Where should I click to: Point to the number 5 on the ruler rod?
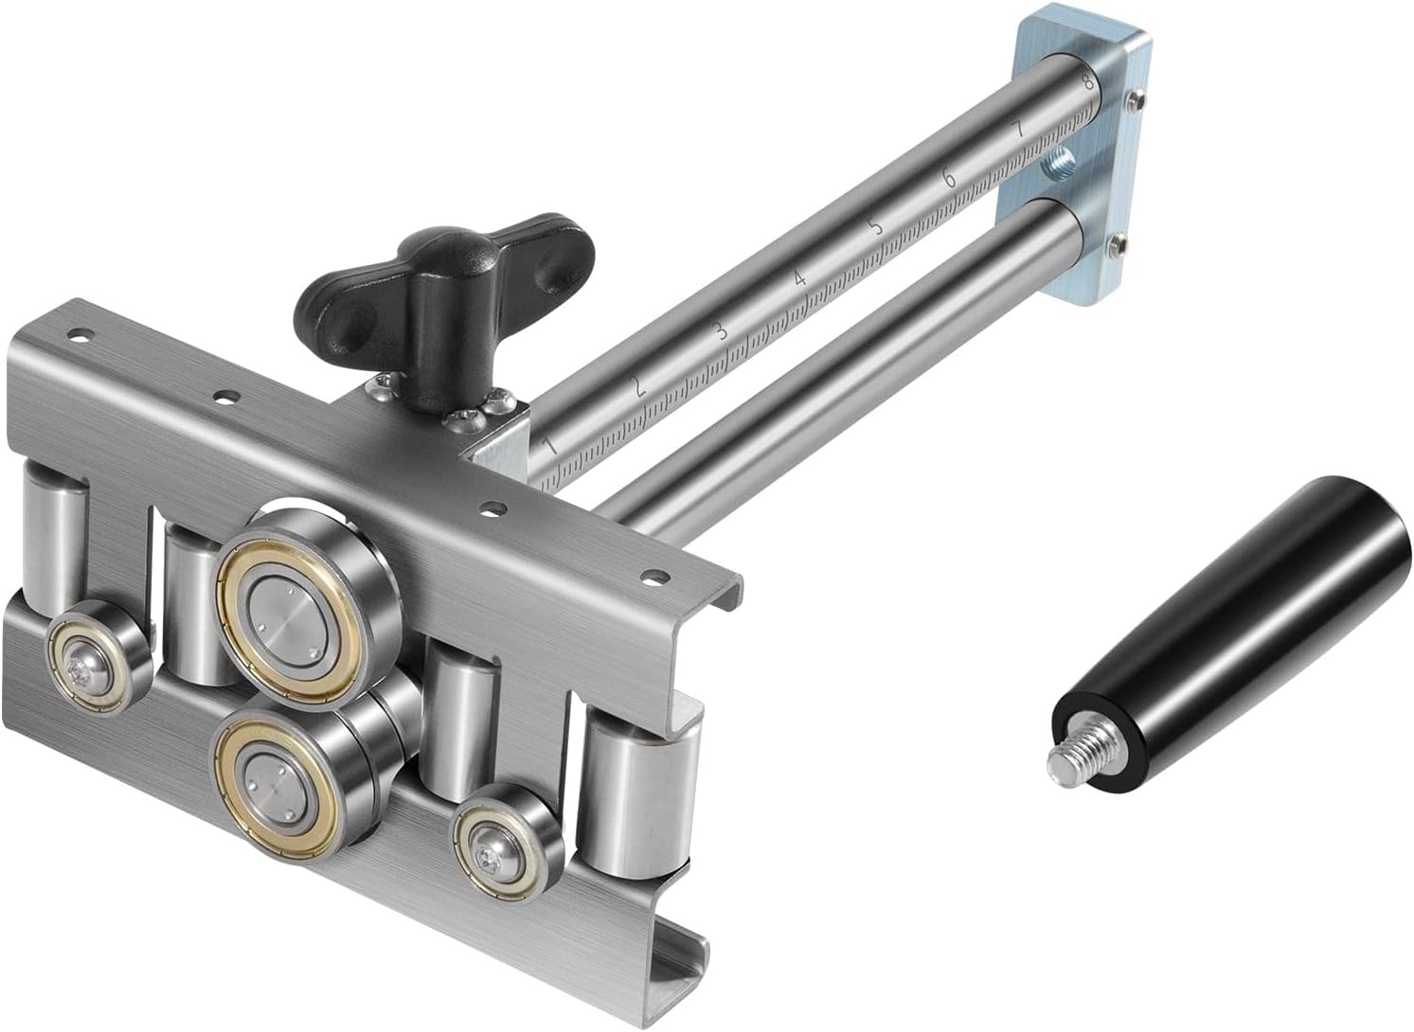pyautogui.click(x=875, y=226)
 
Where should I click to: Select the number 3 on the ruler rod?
pyautogui.click(x=720, y=330)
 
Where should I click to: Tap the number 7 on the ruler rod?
pyautogui.click(x=1017, y=130)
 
